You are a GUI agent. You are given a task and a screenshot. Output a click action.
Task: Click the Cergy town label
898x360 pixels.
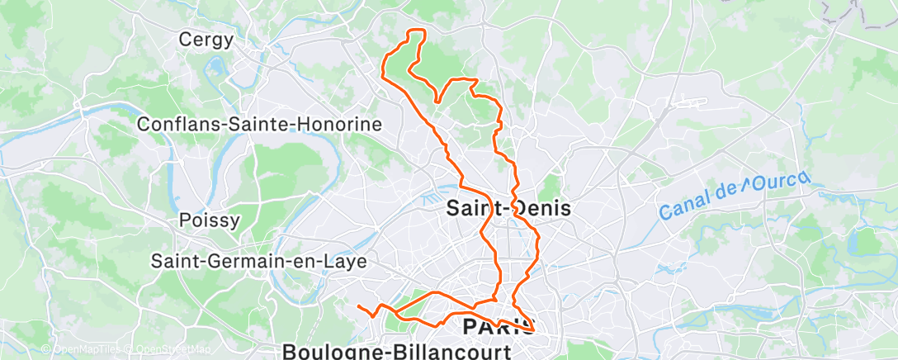[206, 39]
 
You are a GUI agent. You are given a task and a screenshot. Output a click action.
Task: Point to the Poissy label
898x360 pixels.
[210, 220]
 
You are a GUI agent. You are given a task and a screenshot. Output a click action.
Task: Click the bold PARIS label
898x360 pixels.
[498, 326]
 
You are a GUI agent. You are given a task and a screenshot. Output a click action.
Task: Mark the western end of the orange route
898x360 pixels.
[358, 307]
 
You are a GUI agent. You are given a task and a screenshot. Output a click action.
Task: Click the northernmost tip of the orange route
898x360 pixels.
[418, 31]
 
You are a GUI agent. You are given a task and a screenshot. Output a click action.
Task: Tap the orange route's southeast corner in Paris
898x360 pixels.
[533, 331]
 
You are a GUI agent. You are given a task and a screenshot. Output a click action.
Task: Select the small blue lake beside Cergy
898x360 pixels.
[218, 64]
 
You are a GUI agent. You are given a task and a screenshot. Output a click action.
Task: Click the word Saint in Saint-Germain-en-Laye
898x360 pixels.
[176, 261]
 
